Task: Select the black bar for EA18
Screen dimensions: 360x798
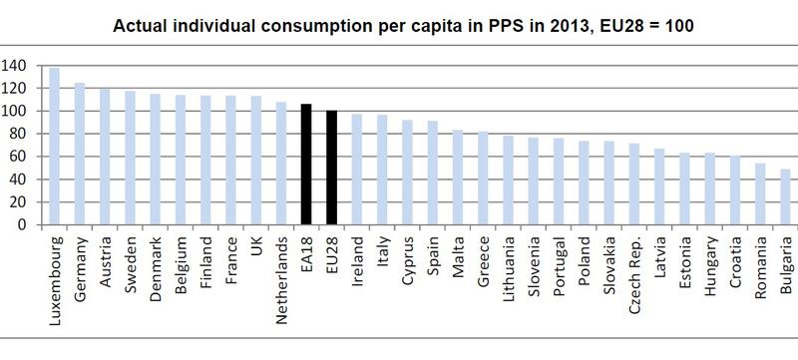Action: [x=306, y=165]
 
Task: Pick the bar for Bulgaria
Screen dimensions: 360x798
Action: [x=786, y=196]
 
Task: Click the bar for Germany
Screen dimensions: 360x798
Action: [x=81, y=154]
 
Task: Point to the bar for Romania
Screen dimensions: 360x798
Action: [x=760, y=193]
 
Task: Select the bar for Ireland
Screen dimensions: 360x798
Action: [x=357, y=170]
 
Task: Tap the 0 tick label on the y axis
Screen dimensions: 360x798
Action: [x=22, y=225]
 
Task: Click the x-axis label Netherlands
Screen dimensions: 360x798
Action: [x=281, y=270]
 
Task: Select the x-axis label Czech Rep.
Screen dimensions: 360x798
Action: [x=634, y=267]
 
